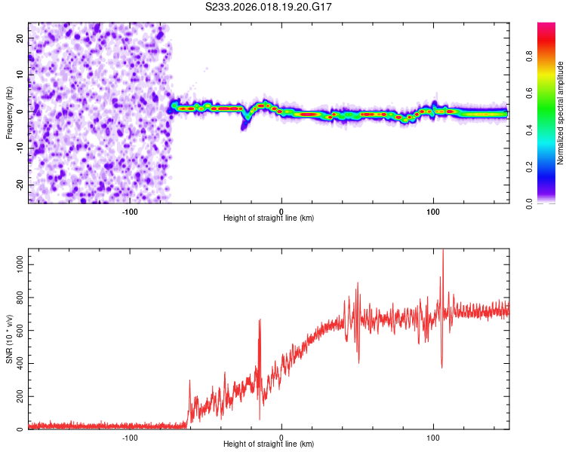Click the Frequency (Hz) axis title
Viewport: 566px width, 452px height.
coord(10,113)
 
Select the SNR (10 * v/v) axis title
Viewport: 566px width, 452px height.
coord(10,339)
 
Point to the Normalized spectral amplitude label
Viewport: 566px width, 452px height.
coord(561,113)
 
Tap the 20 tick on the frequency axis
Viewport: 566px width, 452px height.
coord(20,38)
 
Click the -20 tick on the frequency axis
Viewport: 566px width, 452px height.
coord(19,185)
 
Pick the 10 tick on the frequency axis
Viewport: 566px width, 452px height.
coord(20,75)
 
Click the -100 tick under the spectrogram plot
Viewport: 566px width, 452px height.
coord(129,210)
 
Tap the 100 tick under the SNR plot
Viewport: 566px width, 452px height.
coord(433,437)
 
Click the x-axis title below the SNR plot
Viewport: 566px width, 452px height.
coord(269,444)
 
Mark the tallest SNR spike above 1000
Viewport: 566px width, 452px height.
coord(443,253)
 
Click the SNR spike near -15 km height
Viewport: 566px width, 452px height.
coord(260,321)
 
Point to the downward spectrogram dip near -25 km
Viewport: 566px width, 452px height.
coord(244,124)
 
